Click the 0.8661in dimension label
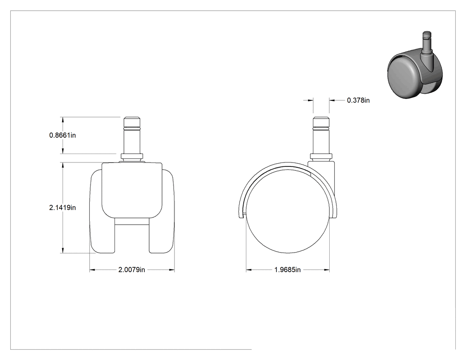[63, 135]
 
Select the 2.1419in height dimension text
[63, 207]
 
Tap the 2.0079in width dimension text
[132, 269]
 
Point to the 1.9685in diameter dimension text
[288, 269]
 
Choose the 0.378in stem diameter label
[359, 100]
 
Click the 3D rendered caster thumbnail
[415, 65]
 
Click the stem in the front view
[132, 135]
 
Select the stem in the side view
[321, 135]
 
